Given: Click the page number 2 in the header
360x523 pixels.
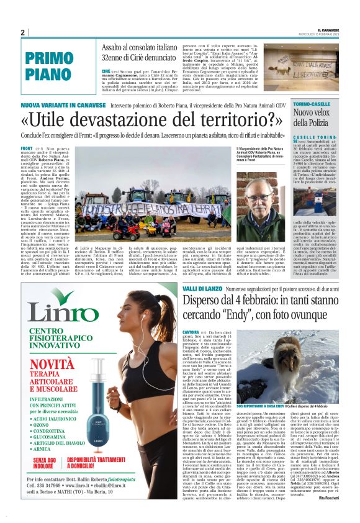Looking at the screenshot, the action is pyautogui.click(x=22, y=33).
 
